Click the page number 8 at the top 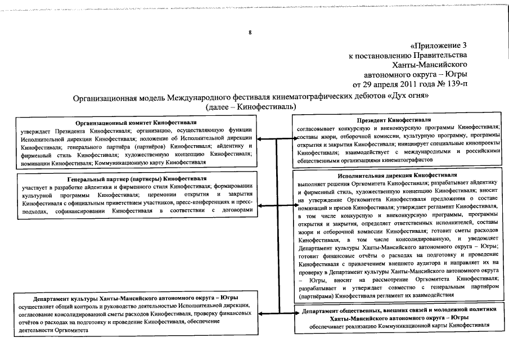tap(250, 33)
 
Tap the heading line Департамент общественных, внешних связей tap(399, 310)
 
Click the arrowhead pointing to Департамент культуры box tap(260, 311)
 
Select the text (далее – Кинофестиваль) tap(251, 107)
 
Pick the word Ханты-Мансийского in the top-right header tap(429, 65)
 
